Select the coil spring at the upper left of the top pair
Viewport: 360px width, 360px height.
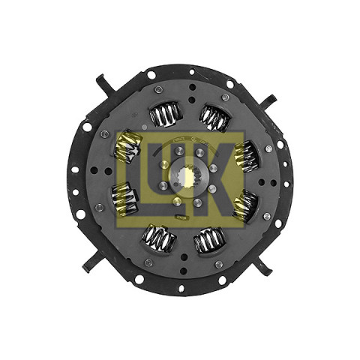(x=166, y=114)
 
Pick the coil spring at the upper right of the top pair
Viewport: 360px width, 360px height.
(x=214, y=118)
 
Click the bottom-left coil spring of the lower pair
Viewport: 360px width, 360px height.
(x=160, y=237)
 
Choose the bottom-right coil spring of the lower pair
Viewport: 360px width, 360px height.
(x=210, y=240)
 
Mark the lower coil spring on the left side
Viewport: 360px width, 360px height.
(x=124, y=199)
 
